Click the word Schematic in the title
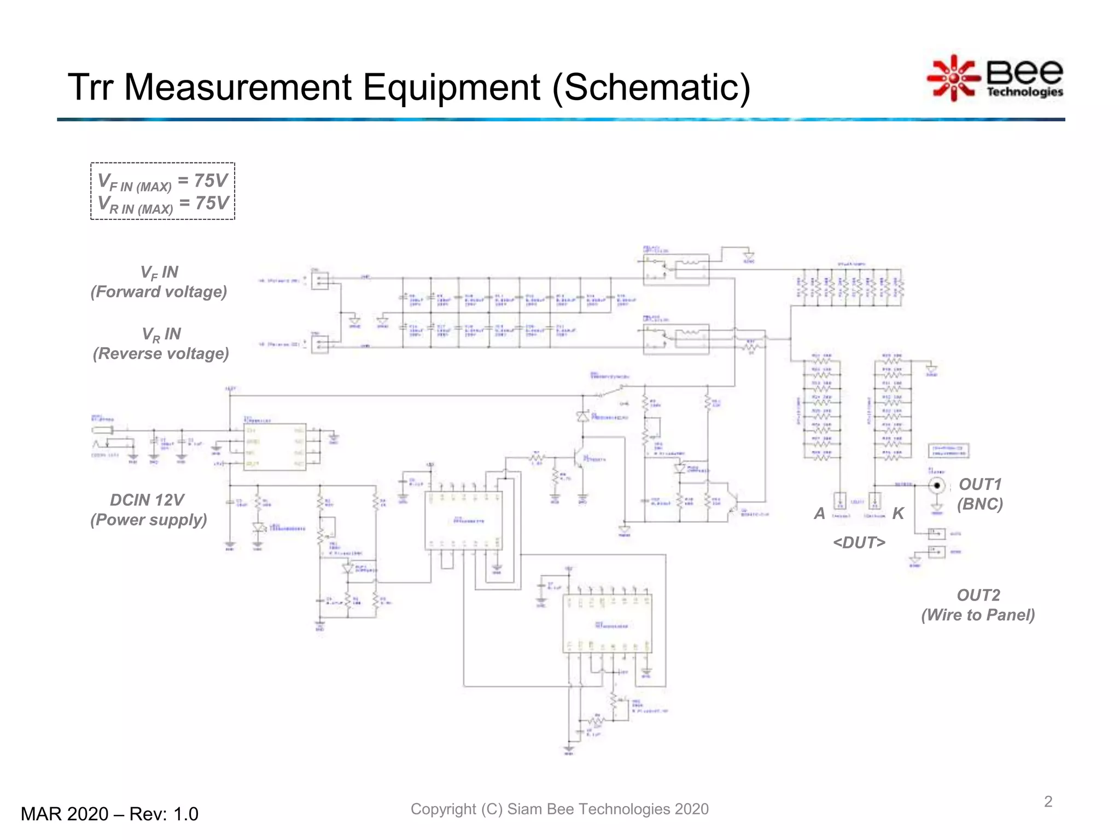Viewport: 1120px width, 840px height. coord(651,87)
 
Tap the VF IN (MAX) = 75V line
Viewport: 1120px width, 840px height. coord(162,182)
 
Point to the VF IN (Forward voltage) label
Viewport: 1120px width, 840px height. coord(159,282)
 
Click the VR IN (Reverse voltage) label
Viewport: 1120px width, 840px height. coord(160,344)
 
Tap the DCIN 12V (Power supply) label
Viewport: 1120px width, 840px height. coord(148,510)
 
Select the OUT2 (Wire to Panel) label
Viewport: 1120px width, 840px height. coord(978,605)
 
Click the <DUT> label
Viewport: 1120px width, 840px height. coord(859,542)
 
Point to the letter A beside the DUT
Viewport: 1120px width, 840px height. coord(819,514)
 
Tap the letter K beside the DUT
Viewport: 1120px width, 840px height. coord(898,514)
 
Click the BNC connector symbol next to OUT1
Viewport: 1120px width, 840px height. coord(937,485)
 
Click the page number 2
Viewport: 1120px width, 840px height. coord(1048,802)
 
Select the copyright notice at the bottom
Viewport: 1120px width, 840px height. coord(559,809)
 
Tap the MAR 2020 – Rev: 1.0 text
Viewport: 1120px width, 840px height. coord(109,814)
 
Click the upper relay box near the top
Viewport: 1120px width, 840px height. coord(676,270)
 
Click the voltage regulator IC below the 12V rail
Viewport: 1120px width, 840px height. coord(275,447)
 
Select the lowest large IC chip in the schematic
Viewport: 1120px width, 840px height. coord(607,623)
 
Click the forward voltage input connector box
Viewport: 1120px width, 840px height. coord(320,281)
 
